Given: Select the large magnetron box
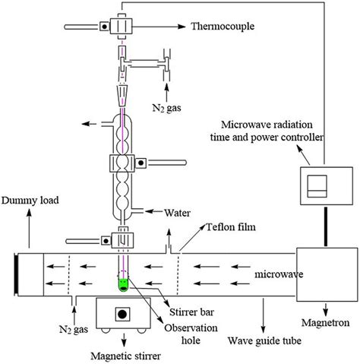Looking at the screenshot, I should [x=325, y=273].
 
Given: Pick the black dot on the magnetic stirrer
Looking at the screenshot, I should [x=121, y=313].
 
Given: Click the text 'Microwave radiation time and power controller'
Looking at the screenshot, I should [x=270, y=131].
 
